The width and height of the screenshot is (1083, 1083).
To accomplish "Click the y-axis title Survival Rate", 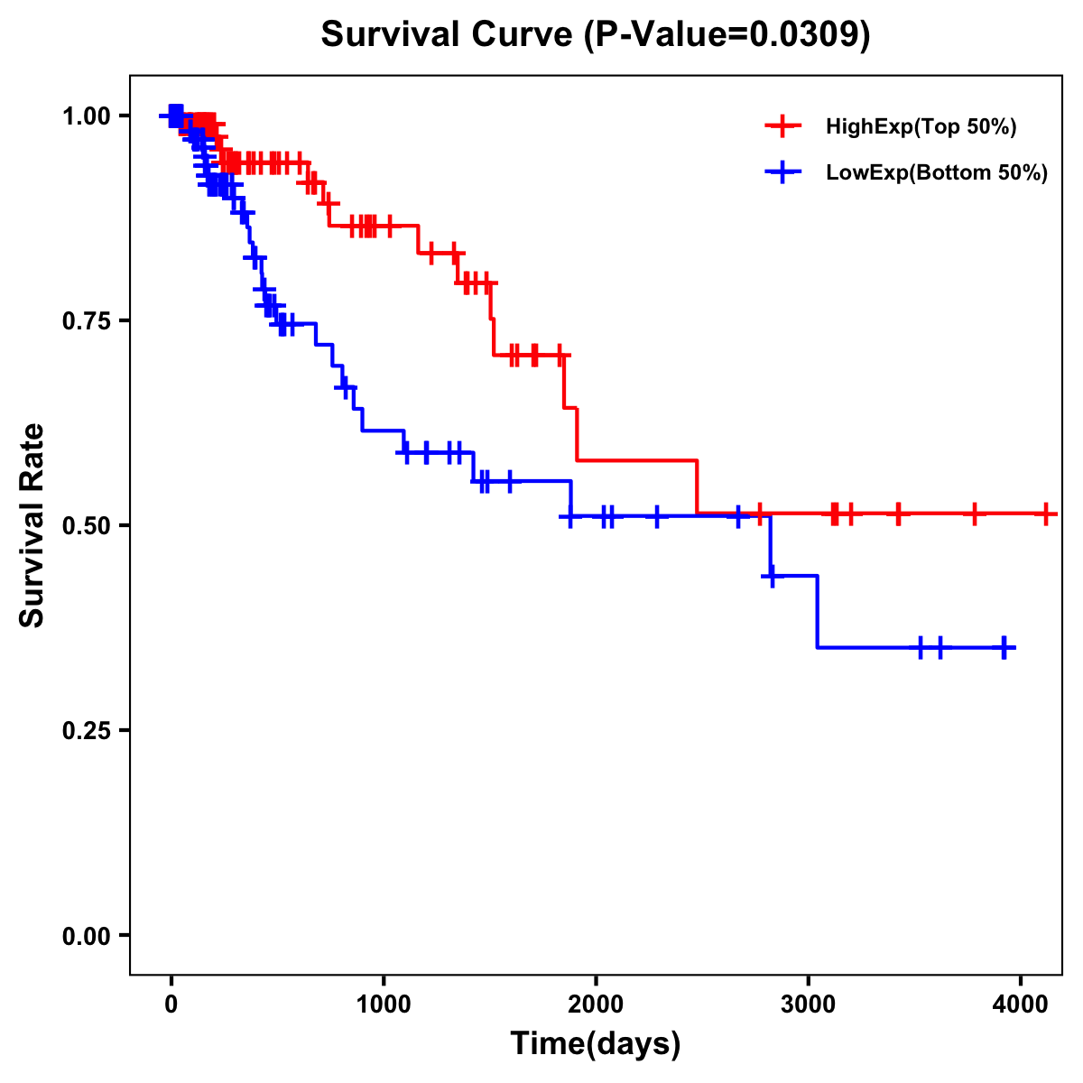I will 32,525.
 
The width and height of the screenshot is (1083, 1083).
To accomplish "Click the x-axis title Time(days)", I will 596,1043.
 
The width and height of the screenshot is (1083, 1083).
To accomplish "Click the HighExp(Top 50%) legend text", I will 921,127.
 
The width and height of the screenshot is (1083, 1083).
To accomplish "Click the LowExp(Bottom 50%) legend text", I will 937,173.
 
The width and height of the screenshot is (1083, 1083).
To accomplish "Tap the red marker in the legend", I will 782,127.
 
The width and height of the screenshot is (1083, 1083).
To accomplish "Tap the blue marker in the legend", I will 782,173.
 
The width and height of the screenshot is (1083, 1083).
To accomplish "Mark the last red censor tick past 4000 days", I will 1045,514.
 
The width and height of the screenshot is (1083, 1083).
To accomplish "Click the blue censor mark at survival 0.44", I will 773,576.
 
